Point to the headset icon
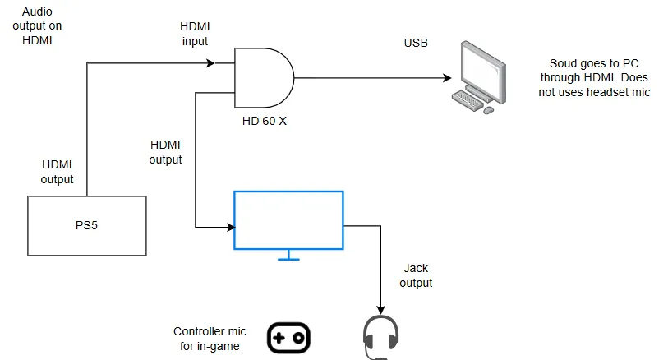[380, 338]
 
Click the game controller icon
[289, 338]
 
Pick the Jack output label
[417, 275]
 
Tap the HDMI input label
[196, 34]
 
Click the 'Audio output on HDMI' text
[42, 25]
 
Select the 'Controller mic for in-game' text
[206, 339]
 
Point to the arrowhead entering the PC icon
[448, 78]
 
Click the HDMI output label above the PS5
[57, 173]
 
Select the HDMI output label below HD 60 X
[165, 151]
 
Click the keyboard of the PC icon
[469, 99]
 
